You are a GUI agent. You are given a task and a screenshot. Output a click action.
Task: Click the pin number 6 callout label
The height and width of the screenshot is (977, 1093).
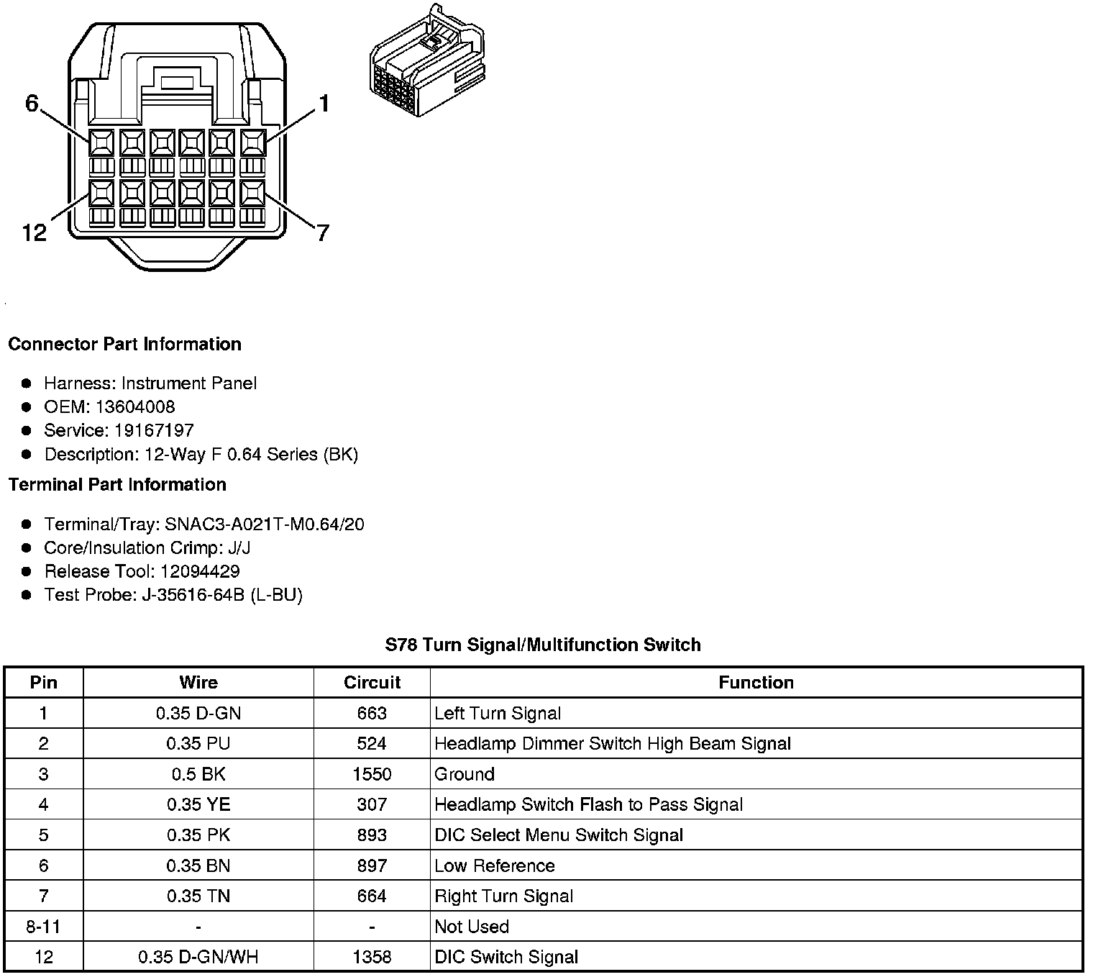click(32, 104)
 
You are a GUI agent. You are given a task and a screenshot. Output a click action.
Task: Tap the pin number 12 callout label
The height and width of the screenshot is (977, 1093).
click(35, 233)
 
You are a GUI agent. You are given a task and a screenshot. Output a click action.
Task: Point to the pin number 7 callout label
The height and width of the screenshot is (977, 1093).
click(323, 233)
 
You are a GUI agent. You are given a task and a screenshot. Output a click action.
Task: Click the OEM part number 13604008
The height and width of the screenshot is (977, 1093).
click(135, 406)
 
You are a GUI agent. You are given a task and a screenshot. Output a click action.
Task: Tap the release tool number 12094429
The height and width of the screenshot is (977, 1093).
click(200, 571)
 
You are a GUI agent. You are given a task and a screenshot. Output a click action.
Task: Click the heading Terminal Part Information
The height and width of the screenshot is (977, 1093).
click(117, 484)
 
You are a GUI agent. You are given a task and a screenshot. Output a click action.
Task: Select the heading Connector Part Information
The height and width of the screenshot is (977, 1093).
click(124, 344)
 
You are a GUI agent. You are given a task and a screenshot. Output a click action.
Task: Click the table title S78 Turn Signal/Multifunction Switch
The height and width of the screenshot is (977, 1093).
click(543, 645)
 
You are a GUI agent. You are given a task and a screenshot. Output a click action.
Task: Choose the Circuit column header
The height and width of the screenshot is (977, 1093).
click(372, 682)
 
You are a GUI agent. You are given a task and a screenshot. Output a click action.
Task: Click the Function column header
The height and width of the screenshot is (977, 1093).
click(756, 682)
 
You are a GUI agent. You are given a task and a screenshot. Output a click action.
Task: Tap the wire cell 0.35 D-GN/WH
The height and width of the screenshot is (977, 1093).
click(198, 957)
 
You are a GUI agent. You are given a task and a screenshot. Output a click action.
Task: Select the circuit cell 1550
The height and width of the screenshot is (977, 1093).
click(372, 774)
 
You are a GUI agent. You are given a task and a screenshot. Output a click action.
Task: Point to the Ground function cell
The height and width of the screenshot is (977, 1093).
click(465, 774)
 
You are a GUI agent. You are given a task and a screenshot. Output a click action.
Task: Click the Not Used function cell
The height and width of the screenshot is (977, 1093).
click(472, 927)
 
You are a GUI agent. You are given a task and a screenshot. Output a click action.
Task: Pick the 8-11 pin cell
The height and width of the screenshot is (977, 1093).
click(43, 927)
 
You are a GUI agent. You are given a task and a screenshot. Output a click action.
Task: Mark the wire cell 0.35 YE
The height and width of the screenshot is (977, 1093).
click(198, 804)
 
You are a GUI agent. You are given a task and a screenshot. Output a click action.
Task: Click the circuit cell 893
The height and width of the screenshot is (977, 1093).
click(372, 835)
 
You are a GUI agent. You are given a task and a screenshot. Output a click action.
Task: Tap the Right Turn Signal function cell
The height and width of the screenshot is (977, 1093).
click(503, 896)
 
